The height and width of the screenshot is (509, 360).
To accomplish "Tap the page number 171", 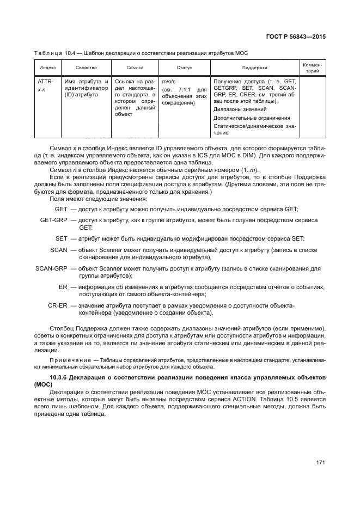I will pos(320,463).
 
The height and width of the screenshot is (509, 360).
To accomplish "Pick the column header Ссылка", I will pos(135,68).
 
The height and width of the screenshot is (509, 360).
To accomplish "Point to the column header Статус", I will pos(184,68).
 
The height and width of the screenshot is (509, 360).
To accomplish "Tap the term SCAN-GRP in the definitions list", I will pos(51,268).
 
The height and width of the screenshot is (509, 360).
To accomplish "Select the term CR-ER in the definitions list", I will pos(57,305).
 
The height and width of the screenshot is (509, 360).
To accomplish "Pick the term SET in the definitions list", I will pos(61,238).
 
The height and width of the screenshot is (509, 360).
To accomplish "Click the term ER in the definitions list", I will pos(63,287).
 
